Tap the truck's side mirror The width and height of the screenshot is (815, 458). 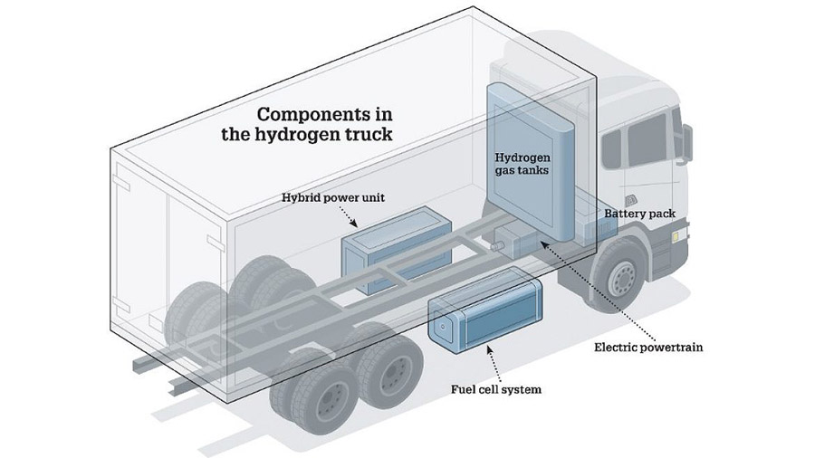[x=687, y=139]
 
